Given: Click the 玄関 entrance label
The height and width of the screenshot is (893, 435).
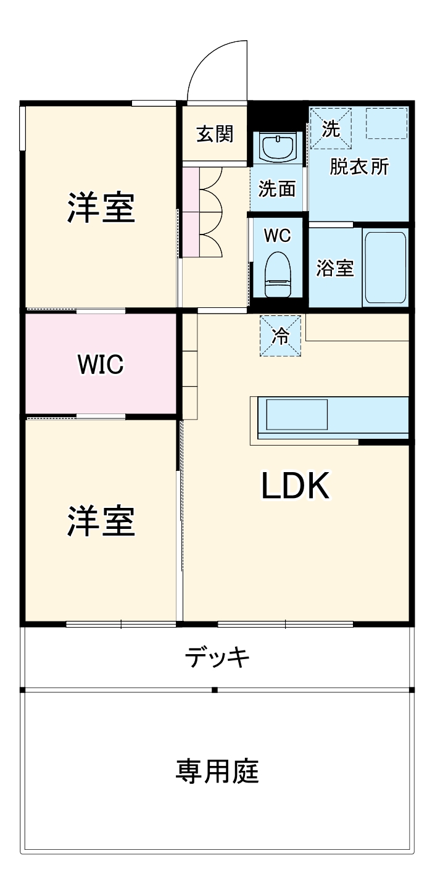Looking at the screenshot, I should [x=215, y=134].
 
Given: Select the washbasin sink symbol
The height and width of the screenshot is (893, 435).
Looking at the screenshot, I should [x=277, y=147].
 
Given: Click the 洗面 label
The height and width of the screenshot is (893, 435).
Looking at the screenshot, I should [x=277, y=188].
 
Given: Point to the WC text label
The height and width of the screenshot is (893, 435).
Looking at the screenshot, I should [x=277, y=235].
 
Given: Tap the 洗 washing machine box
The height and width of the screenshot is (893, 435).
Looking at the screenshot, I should [x=331, y=128].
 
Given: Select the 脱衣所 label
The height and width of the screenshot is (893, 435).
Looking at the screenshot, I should [x=359, y=167].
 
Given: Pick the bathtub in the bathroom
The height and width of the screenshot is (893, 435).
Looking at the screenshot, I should [x=385, y=267].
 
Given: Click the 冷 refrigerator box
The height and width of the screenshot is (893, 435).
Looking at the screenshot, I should [x=280, y=336].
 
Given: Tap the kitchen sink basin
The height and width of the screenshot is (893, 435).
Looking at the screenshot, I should [x=297, y=415].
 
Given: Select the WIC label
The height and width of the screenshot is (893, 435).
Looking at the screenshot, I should [x=101, y=364].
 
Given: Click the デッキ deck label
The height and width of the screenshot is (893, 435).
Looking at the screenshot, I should [x=218, y=658].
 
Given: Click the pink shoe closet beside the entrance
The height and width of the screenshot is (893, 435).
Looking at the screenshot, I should [x=191, y=212].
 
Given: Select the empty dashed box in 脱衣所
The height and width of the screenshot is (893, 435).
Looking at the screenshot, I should [x=386, y=123].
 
